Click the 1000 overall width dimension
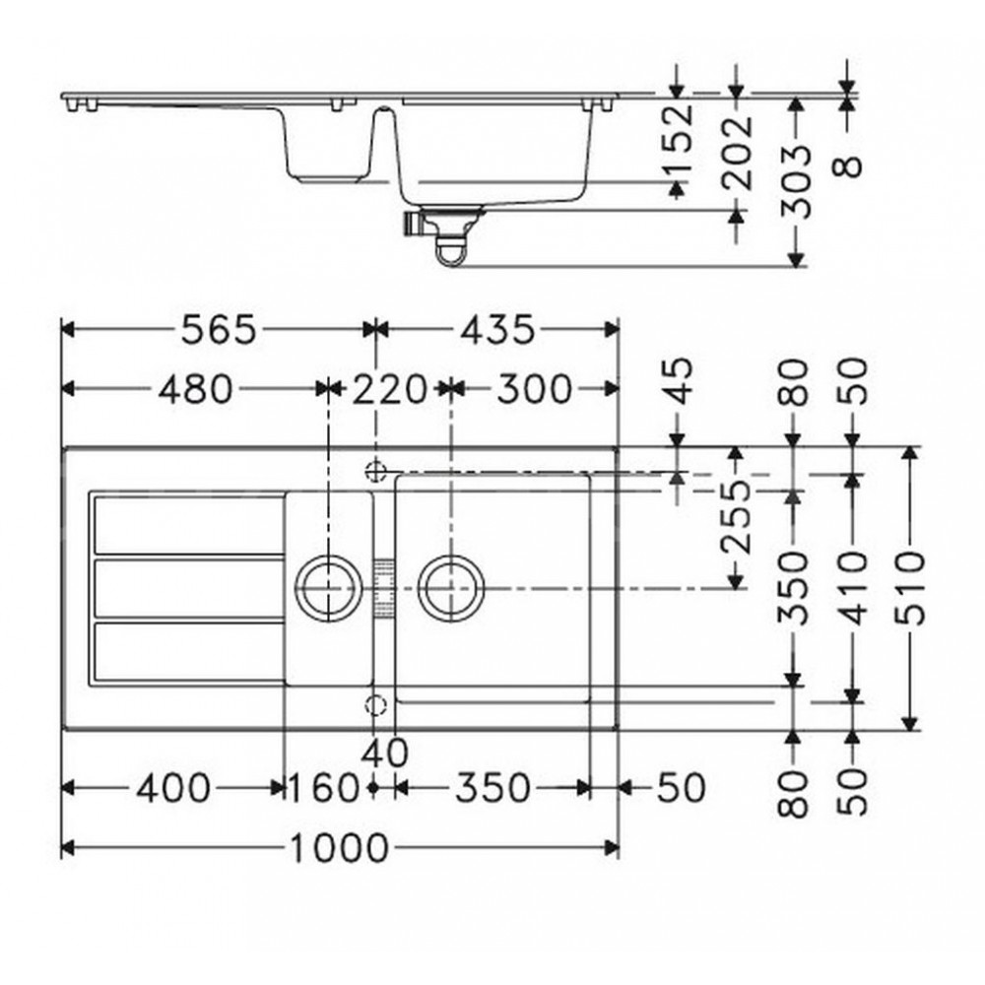click(339, 849)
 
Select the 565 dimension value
click(219, 330)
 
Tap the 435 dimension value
click(497, 330)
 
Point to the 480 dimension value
click(195, 389)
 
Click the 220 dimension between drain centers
click(389, 389)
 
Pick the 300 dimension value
click(535, 389)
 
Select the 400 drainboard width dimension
click(173, 788)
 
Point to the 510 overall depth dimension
click(909, 589)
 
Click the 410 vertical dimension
click(852, 589)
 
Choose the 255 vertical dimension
click(736, 517)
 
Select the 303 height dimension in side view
click(795, 181)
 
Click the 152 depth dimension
click(679, 138)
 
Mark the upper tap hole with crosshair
click(375, 471)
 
